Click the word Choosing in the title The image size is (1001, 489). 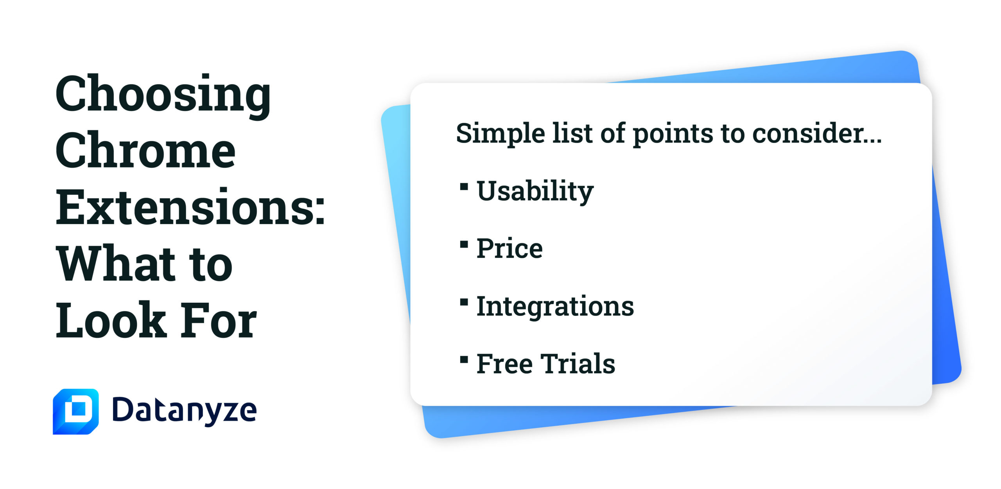point(163,96)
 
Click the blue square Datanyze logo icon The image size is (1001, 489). point(75,412)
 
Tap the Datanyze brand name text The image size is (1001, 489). point(185,411)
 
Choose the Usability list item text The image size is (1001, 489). point(535,191)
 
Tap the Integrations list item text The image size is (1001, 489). point(555,306)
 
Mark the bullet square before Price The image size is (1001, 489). point(464,244)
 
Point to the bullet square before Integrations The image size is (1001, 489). point(464,302)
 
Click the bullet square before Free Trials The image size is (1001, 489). point(464,360)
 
